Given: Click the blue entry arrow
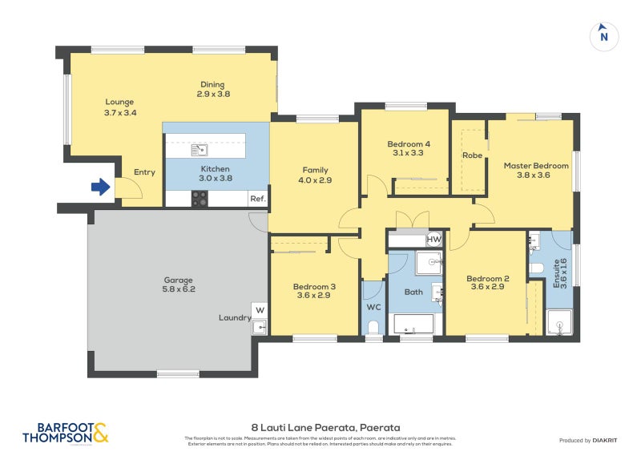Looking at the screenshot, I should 100,188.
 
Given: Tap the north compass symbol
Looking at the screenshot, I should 604,36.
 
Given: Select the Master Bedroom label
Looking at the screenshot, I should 536,166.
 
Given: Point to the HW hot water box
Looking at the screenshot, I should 433,240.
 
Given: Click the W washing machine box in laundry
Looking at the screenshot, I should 260,310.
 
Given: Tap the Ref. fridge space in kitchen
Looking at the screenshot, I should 257,199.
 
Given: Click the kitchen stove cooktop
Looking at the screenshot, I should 200,198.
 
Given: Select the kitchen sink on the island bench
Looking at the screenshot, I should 200,149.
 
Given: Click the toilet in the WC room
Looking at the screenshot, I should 373,327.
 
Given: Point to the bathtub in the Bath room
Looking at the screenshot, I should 413,325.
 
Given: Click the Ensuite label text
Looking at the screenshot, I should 558,273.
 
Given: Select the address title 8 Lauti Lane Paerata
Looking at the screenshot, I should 325,428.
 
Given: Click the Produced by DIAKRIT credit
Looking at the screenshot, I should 587,441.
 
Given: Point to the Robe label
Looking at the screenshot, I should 472,155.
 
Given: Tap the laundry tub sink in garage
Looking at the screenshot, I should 260,326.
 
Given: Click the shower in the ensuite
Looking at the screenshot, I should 559,323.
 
